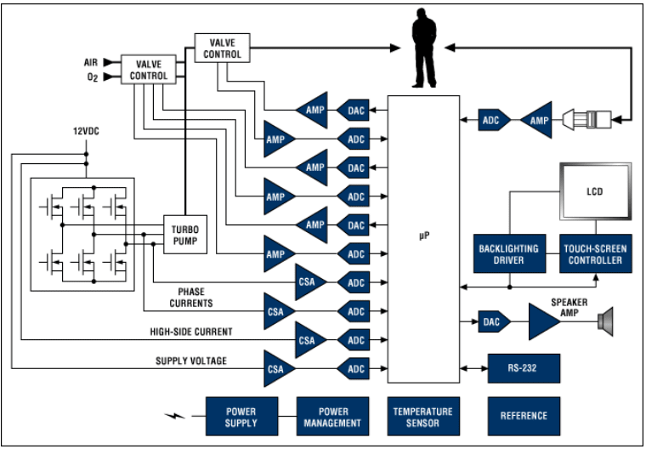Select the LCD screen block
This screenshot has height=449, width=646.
click(x=595, y=192)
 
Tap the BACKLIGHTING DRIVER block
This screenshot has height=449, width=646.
click(x=508, y=254)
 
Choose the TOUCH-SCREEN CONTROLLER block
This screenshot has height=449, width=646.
click(x=595, y=254)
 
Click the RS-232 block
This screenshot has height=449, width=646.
click(x=524, y=368)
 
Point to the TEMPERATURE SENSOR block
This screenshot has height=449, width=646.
click(x=423, y=417)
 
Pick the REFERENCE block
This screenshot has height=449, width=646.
click(x=524, y=417)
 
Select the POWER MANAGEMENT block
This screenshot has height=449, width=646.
click(x=333, y=417)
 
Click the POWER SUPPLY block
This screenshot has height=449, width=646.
click(x=241, y=417)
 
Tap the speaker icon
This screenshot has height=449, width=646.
click(x=605, y=321)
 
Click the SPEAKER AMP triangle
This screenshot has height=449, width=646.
click(x=544, y=322)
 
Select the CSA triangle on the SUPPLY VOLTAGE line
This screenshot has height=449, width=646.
click(x=278, y=369)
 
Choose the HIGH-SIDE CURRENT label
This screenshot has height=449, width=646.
click(x=191, y=332)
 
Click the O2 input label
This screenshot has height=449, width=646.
click(x=92, y=79)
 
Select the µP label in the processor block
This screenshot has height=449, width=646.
click(x=423, y=235)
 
